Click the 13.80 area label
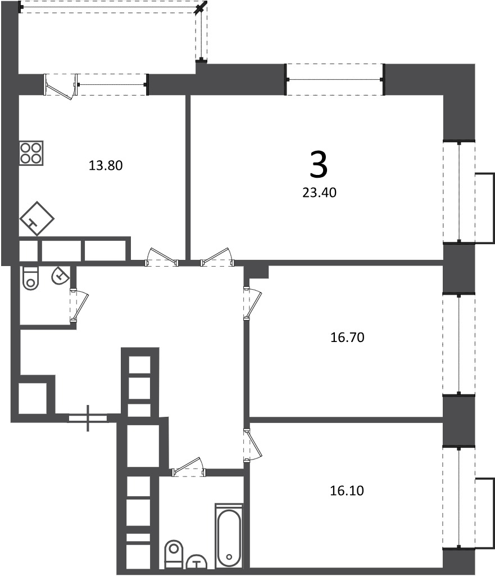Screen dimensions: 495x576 (x=106, y=165)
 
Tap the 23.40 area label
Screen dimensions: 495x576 (x=319, y=192)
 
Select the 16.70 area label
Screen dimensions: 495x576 (x=347, y=337)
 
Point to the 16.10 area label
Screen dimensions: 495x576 (x=347, y=490)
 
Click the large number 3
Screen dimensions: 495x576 (x=319, y=165)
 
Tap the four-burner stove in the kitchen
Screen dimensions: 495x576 (x=31, y=153)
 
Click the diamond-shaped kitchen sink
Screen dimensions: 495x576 (x=37, y=219)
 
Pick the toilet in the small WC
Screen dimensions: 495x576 (x=30, y=278)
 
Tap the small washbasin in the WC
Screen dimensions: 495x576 (x=61, y=275)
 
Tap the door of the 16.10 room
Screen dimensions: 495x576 (x=252, y=444)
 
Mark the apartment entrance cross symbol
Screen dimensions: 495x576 (x=88, y=418)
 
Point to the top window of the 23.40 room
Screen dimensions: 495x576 (x=334, y=79)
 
